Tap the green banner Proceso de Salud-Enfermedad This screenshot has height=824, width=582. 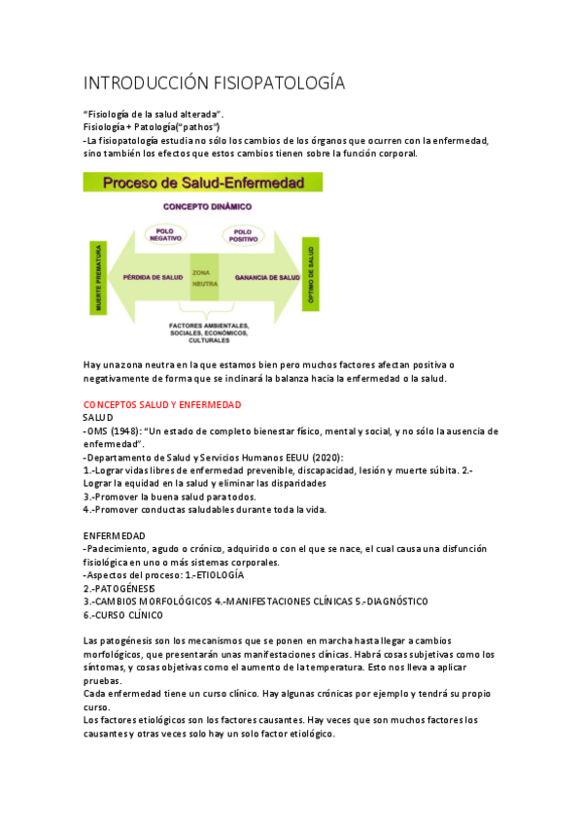pyautogui.click(x=203, y=182)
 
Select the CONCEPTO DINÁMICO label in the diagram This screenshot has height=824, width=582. pyautogui.click(x=206, y=207)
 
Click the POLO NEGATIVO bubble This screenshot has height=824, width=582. pyautogui.click(x=164, y=234)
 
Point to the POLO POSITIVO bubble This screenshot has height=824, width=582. pyautogui.click(x=243, y=234)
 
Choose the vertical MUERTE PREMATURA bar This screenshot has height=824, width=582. pyautogui.click(x=97, y=279)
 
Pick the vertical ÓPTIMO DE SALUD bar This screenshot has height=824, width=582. pyautogui.click(x=312, y=277)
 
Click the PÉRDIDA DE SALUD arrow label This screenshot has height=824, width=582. pyautogui.click(x=155, y=277)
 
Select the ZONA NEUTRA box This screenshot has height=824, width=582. pyautogui.click(x=204, y=278)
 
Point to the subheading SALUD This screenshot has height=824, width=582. pyautogui.click(x=98, y=418)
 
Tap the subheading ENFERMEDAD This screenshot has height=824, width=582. pyautogui.click(x=115, y=536)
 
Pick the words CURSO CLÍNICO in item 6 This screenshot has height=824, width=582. pyautogui.click(x=130, y=615)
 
